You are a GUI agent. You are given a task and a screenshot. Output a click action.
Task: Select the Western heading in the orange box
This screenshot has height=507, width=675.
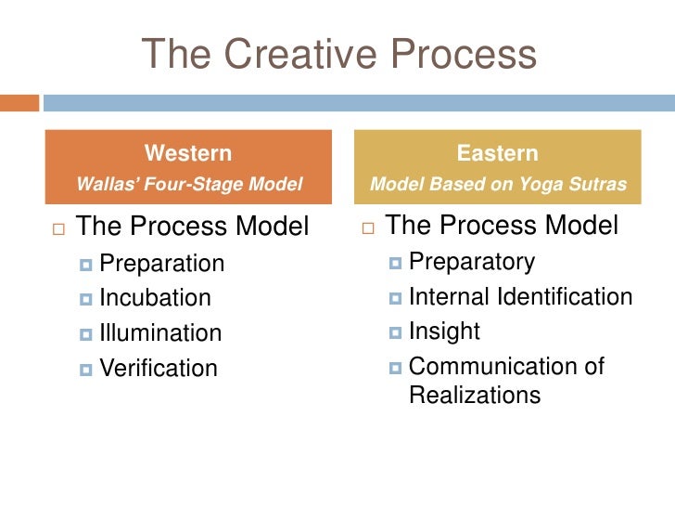[188, 153]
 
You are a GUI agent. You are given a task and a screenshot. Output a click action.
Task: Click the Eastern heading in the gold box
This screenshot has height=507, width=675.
[497, 153]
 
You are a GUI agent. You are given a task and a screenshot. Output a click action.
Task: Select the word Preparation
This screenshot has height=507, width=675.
[161, 264]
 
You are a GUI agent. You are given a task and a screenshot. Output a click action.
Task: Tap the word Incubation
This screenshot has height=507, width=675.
[155, 298]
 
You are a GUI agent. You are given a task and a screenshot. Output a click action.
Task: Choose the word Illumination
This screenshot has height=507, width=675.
[160, 332]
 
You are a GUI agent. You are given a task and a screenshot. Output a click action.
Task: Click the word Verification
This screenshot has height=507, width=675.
[159, 368]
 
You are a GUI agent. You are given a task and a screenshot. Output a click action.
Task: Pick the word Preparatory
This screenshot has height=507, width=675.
[471, 262]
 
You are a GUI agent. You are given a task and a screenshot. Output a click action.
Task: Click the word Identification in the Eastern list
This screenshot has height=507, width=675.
[566, 296]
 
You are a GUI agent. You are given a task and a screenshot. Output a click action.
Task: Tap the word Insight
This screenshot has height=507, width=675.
[444, 331]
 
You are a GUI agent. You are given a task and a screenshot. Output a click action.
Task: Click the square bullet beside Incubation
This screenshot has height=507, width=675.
[87, 299]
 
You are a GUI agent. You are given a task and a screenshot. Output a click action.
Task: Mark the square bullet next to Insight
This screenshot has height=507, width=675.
[396, 331]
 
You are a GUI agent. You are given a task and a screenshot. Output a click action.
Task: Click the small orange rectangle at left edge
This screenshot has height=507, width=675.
[19, 102]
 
